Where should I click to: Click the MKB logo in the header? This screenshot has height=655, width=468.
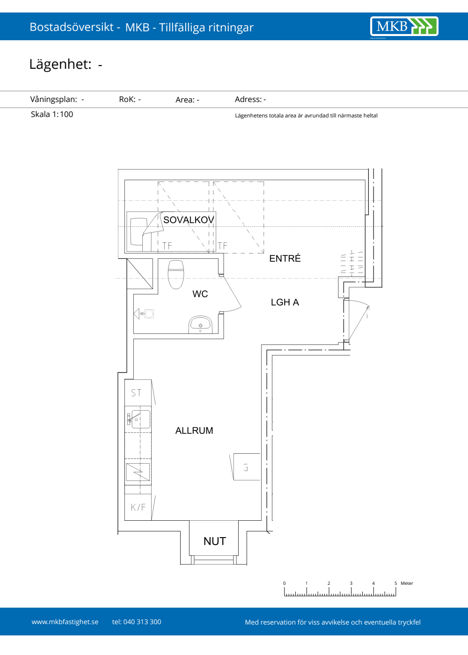click(x=404, y=26)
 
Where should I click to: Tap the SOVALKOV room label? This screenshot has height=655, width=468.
click(x=189, y=220)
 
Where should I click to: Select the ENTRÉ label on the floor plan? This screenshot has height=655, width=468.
click(x=285, y=258)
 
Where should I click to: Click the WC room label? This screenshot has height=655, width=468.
click(x=200, y=294)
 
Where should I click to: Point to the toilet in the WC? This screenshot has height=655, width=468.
click(x=176, y=275)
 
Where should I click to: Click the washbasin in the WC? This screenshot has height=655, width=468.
click(x=200, y=324)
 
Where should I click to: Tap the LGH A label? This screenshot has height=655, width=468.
click(x=285, y=302)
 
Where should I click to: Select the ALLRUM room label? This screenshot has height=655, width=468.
click(x=194, y=430)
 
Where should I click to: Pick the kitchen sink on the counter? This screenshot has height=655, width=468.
click(x=141, y=419)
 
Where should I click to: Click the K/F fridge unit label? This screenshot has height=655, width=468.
click(x=138, y=507)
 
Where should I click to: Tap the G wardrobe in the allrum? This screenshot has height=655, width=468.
click(x=246, y=467)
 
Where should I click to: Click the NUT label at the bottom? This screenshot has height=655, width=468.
click(x=215, y=542)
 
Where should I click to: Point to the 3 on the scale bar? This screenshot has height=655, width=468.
click(x=351, y=583)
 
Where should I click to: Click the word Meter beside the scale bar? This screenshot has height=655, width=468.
click(x=407, y=583)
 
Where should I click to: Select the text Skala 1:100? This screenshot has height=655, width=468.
click(x=52, y=114)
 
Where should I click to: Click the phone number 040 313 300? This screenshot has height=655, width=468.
click(x=142, y=622)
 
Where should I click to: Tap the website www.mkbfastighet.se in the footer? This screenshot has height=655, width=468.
click(x=65, y=622)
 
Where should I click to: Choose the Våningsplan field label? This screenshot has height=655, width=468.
click(x=53, y=99)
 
